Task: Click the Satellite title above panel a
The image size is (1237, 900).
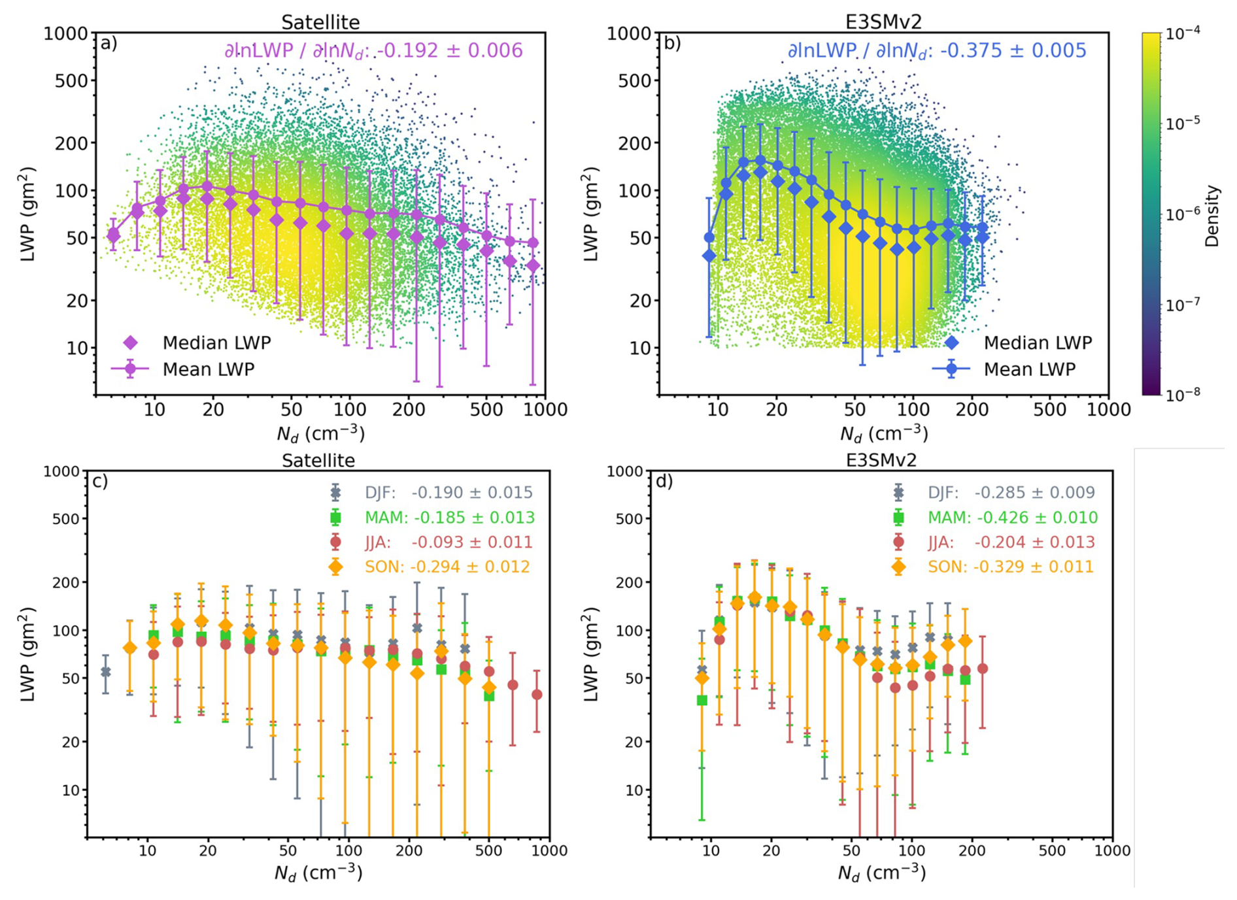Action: pos(320,22)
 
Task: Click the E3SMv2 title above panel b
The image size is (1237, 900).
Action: pos(883,22)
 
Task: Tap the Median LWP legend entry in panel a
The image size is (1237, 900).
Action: pos(216,342)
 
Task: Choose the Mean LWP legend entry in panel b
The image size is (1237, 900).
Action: pos(1029,369)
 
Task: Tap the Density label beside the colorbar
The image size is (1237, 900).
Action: pos(1212,216)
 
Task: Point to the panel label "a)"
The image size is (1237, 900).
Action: pos(109,43)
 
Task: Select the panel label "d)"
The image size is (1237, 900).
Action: pos(664,482)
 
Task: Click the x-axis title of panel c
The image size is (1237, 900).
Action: pos(318,873)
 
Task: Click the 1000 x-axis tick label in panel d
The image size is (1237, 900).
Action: pos(1112,851)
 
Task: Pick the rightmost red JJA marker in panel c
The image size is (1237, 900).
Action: pos(537,695)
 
